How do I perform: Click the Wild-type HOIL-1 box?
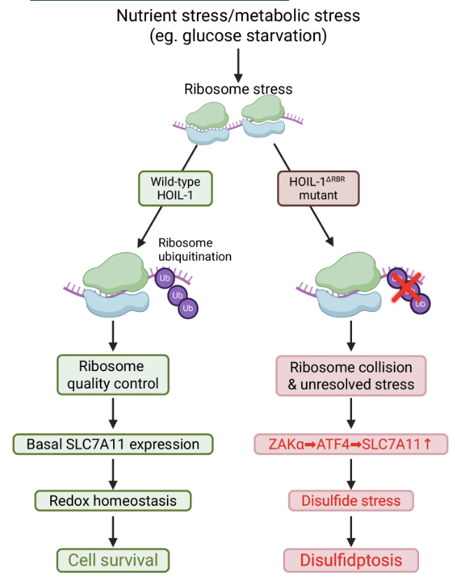[x=175, y=188]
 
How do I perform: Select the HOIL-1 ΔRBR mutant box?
[x=319, y=188]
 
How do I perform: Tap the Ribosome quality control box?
[x=112, y=375]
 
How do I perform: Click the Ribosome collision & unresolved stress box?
[x=351, y=376]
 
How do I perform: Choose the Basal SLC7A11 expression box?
[x=112, y=444]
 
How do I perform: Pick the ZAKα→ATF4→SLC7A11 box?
[x=351, y=444]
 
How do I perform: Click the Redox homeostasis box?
[x=112, y=501]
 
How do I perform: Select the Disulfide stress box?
[x=351, y=501]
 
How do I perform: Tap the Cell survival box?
[x=112, y=560]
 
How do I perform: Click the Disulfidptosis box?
[x=351, y=560]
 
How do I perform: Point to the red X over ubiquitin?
[x=407, y=287]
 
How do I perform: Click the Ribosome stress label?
[x=238, y=89]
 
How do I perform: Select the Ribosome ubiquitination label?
[x=195, y=250]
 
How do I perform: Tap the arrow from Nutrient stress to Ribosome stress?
[x=238, y=66]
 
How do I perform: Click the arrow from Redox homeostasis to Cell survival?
[x=113, y=532]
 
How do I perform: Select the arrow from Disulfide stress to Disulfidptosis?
[x=351, y=532]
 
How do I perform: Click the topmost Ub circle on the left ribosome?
[x=165, y=278]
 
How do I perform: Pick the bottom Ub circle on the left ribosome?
[x=188, y=308]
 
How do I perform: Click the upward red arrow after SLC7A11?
[x=427, y=444]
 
